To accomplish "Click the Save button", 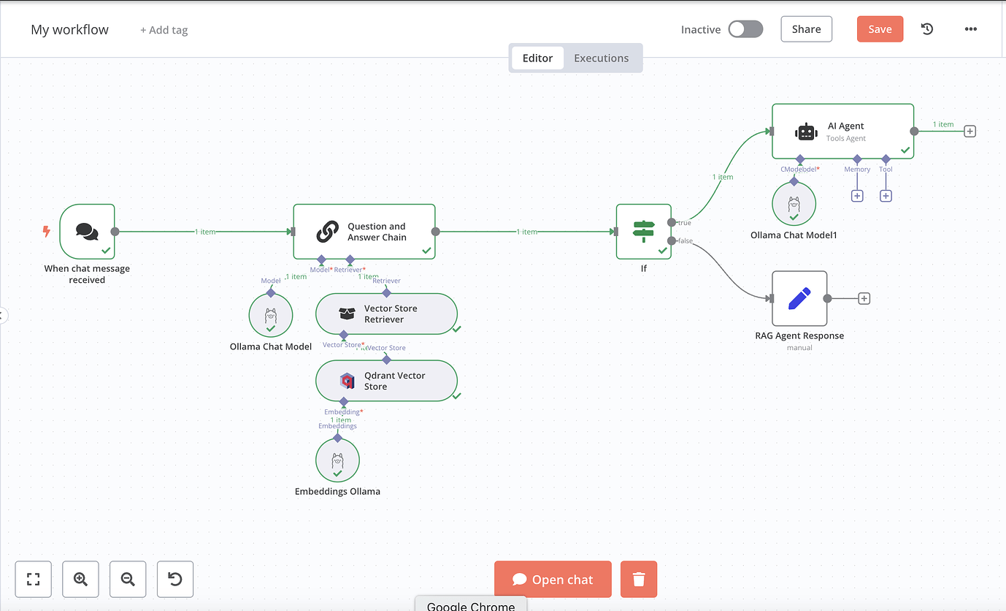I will click(880, 29).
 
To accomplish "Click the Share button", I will click(806, 29).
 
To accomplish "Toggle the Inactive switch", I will click(745, 29).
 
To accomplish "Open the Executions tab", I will click(601, 58).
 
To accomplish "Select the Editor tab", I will click(537, 58).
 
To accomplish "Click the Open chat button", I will click(553, 580).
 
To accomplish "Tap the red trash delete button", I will click(639, 580).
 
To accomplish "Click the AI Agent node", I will click(842, 132).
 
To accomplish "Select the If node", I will click(643, 232).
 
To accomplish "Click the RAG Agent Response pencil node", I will click(799, 298).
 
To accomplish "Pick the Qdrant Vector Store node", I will click(386, 381).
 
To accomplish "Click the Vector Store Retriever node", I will click(386, 314).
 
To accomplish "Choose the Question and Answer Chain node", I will click(364, 232).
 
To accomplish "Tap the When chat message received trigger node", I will click(87, 232).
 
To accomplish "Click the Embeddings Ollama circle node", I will click(337, 460).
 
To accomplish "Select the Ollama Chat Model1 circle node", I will click(794, 204).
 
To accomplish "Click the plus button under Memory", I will click(857, 196).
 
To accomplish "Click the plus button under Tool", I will click(886, 196).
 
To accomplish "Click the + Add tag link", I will click(164, 30).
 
